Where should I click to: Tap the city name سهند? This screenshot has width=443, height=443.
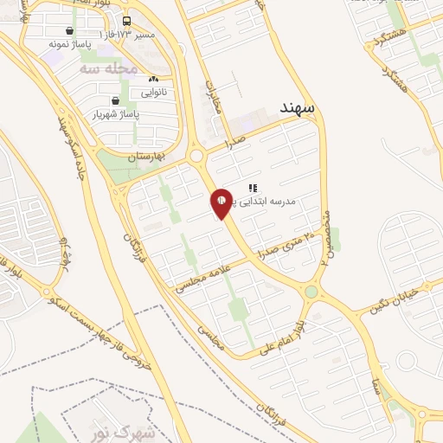tap(299, 106)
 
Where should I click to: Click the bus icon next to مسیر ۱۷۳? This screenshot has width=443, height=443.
tap(127, 21)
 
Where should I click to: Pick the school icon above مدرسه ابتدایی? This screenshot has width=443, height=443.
tap(253, 187)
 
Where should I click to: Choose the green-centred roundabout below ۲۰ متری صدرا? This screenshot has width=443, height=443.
tap(311, 292)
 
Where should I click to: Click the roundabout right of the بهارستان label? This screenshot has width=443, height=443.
tap(196, 157)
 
